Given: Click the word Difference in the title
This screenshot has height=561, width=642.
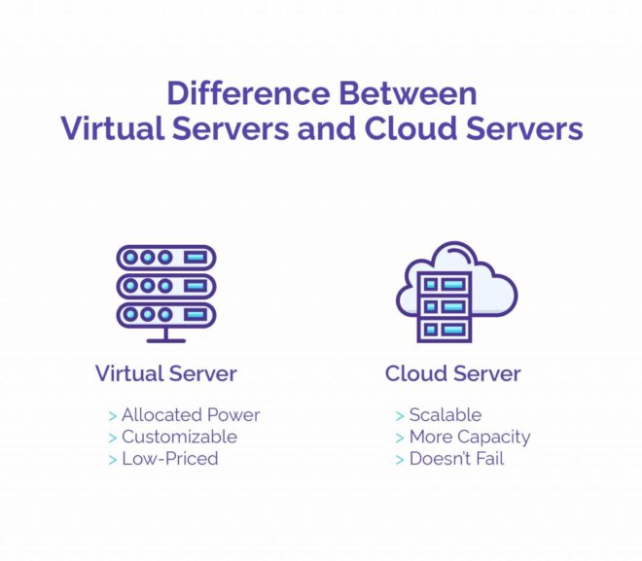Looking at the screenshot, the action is point(248,93).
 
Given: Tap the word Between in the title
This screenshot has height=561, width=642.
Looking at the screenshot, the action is point(408,93).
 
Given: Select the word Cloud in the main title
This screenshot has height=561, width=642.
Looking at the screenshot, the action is point(410,128).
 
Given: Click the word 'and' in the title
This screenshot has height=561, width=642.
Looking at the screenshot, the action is point(326,128).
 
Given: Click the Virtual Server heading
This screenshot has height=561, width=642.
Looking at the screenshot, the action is point(165,373).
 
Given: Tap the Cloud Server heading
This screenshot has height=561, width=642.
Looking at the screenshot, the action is point(453,373).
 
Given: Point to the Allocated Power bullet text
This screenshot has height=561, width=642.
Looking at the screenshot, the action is point(191,415).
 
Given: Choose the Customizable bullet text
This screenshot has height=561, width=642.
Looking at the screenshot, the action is point(179,437).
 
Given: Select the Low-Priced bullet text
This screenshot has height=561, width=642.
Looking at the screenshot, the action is point(170,458).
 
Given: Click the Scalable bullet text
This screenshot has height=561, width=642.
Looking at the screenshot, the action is point(446,415).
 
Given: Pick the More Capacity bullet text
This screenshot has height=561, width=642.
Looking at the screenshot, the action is point(470,438).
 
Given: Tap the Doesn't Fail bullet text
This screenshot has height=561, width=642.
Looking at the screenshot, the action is point(456,458).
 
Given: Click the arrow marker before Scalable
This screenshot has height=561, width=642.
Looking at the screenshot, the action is point(400,416).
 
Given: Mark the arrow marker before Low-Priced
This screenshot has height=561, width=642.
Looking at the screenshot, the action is point(113,460).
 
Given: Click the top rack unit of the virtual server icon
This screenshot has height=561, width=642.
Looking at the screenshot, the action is point(166,258).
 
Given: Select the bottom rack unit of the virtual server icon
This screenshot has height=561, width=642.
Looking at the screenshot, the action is point(166,315).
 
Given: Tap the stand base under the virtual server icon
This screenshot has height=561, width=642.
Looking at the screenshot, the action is point(166,340).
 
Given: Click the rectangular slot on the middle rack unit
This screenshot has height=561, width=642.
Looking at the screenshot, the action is point(196,286).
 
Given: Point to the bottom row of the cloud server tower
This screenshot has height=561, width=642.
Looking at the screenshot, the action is point(445,330).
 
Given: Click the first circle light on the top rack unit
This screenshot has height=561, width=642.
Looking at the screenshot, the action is point(130,258).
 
